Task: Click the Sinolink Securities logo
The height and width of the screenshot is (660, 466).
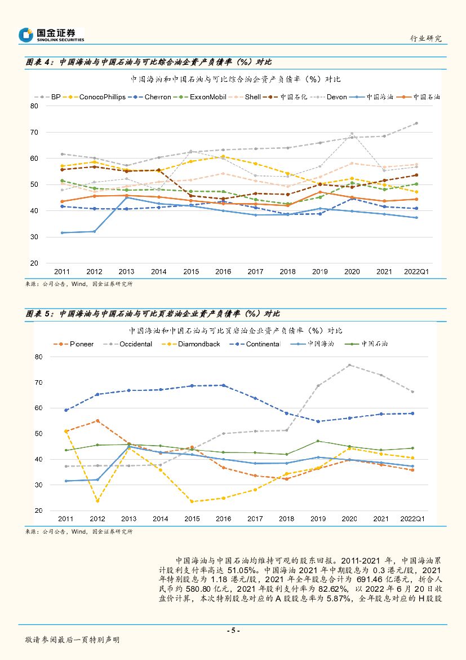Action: (x=51, y=35)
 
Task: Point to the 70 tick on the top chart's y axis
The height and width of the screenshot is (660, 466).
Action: (x=34, y=132)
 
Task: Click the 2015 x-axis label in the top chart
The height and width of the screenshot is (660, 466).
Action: (x=191, y=271)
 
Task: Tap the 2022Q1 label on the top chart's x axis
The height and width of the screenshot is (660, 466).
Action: (x=416, y=271)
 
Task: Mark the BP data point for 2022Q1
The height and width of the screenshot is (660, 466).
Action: (x=416, y=123)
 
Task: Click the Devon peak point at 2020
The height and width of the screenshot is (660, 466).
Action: (x=352, y=134)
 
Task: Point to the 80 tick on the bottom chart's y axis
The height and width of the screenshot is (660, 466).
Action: (x=38, y=357)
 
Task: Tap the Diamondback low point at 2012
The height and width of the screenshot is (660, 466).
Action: (x=97, y=501)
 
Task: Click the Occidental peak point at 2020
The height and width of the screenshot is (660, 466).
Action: (x=349, y=365)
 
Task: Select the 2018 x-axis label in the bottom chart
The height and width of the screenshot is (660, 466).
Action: (x=286, y=518)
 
